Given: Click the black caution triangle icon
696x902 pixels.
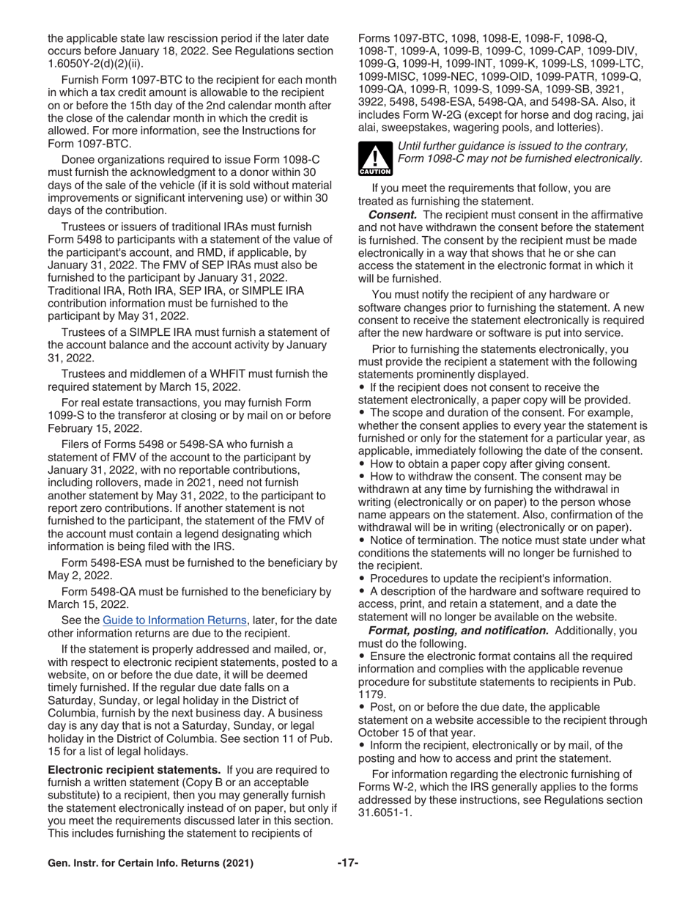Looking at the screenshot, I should pos(374,160).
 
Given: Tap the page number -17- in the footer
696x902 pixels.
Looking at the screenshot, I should pos(348,863).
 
